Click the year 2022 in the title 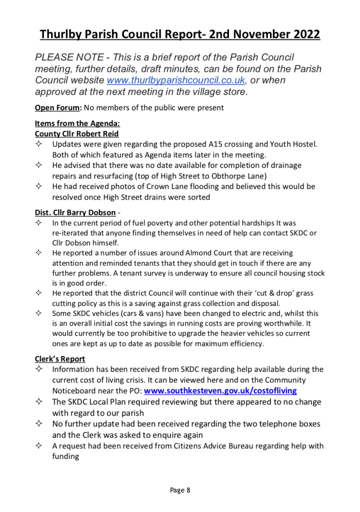(301, 34)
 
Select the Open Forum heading (57, 107)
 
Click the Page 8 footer (180, 490)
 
